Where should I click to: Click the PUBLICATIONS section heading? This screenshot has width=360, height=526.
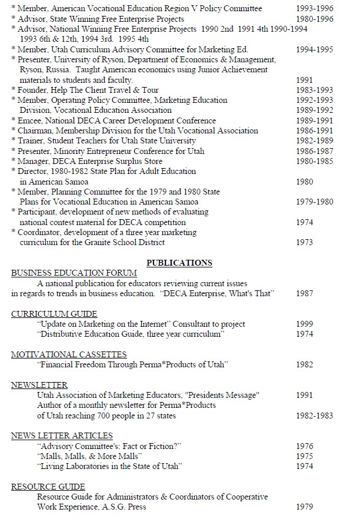tap(179, 263)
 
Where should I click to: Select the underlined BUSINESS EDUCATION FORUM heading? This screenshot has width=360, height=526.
tap(74, 273)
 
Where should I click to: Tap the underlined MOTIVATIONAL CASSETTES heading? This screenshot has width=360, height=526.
tap(69, 354)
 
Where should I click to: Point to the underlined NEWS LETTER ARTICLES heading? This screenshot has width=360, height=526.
tap(62, 435)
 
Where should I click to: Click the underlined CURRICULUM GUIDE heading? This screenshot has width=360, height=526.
tap(54, 314)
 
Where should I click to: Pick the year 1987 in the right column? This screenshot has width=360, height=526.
tap(305, 293)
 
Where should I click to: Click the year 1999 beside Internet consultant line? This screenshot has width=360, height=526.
tap(305, 324)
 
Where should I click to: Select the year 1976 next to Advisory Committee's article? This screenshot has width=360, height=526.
tap(305, 446)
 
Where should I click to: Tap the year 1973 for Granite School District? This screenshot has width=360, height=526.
tap(305, 243)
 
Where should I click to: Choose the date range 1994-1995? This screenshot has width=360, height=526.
tap(315, 49)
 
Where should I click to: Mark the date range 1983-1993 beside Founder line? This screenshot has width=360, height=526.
tap(315, 91)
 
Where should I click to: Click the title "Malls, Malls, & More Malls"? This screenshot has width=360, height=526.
tap(89, 456)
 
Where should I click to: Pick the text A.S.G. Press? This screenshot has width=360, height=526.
tap(123, 507)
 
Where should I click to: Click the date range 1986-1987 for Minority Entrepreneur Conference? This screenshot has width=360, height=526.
tap(315, 151)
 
